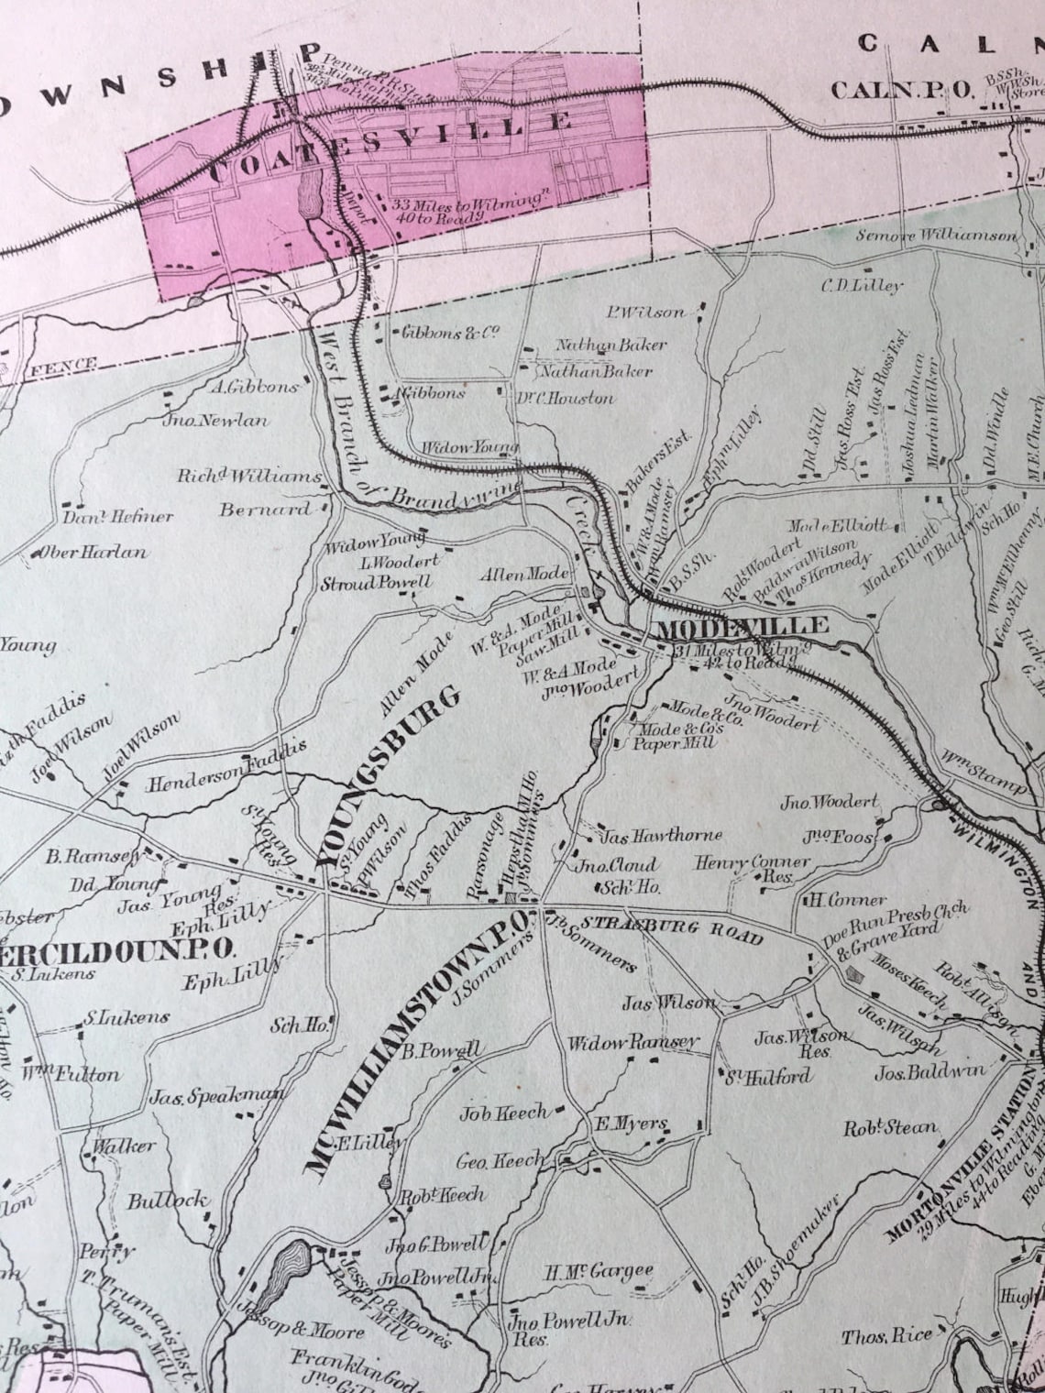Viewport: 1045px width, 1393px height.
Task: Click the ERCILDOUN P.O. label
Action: tap(120, 948)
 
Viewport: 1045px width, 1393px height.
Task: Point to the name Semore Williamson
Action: tap(936, 236)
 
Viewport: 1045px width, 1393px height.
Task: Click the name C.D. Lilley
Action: tap(861, 285)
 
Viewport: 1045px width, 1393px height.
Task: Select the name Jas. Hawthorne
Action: tap(661, 835)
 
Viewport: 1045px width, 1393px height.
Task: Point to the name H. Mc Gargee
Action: tap(599, 1271)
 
